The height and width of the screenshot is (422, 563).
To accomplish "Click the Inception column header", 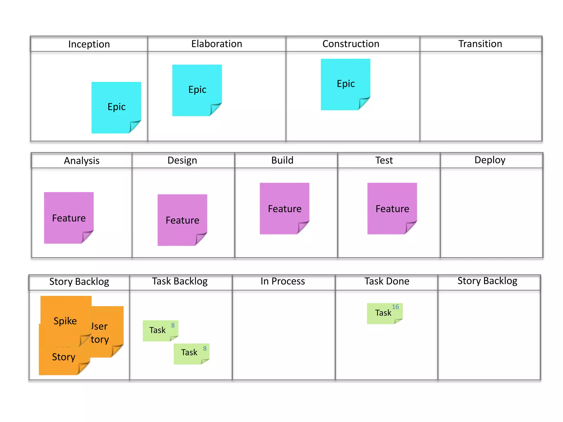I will pos(89,44).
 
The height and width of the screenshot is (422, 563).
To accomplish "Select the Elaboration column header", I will pos(217,44).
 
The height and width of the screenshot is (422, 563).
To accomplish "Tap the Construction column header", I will pos(351,44).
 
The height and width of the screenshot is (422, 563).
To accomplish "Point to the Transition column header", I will pos(480,44).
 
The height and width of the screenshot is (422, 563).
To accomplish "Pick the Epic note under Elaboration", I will pos(197,90).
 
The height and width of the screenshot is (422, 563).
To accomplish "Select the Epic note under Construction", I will pos(346,84).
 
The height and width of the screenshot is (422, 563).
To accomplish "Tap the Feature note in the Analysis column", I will pos(69,218).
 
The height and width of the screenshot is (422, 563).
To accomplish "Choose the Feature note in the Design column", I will pos(182,220).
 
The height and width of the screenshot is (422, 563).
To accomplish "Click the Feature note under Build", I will pos(285,209).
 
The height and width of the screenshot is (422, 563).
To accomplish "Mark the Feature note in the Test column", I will pos(392,209).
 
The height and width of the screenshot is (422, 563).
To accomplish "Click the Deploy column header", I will pos(490,160).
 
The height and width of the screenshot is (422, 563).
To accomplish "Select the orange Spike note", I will pos(65,321).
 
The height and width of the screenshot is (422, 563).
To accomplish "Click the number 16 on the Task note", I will pos(395,307).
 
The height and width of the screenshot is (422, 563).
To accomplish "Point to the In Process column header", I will pos(283,281).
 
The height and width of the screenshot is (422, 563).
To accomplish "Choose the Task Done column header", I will pos(387,281).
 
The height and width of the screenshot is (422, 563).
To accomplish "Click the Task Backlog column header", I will pos(180,281).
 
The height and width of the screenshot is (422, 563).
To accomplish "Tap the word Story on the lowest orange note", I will pos(64,357).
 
